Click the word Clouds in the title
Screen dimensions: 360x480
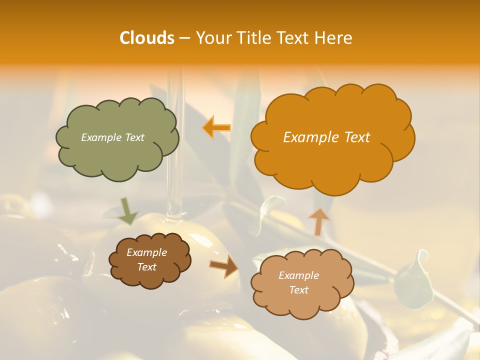(146, 38)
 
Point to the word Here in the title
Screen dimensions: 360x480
(333, 38)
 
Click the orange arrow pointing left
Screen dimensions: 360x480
(216, 127)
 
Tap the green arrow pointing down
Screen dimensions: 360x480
(128, 211)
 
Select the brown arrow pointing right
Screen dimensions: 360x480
(224, 266)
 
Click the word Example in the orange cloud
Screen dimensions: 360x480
(308, 137)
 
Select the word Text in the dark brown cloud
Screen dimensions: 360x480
(146, 267)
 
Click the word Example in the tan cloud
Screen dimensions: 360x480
(298, 275)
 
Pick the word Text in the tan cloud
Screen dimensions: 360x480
(298, 290)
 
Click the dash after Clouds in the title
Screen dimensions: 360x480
(184, 38)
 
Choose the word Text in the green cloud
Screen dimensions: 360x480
(134, 137)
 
